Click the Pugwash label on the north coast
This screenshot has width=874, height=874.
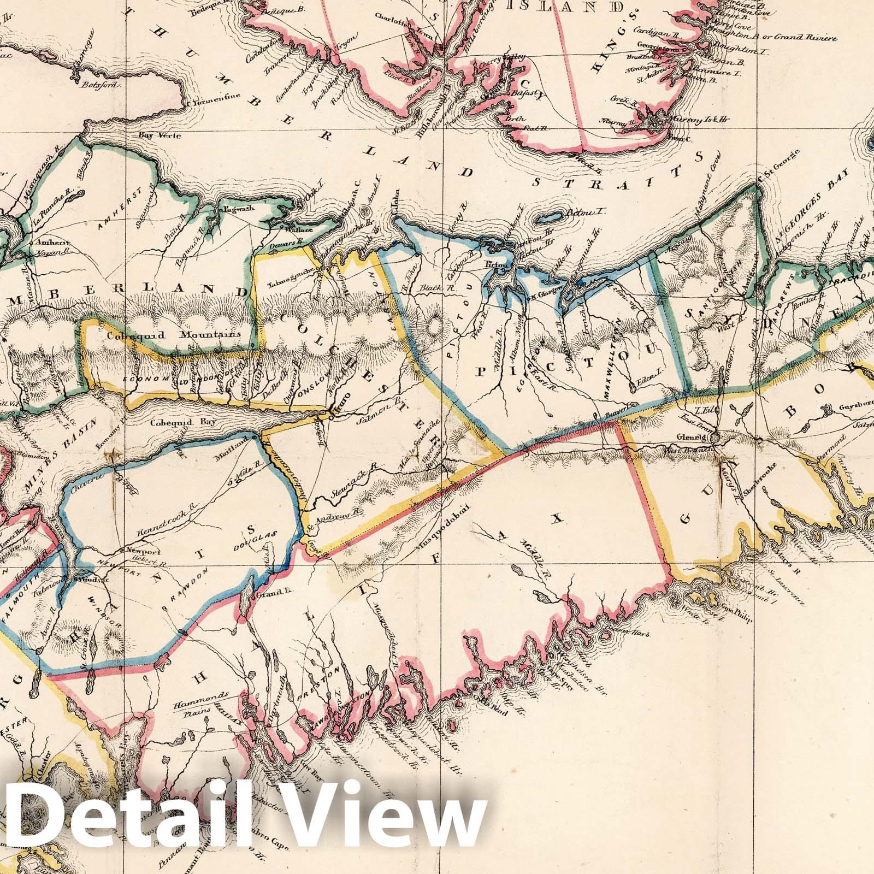click(x=234, y=208)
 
